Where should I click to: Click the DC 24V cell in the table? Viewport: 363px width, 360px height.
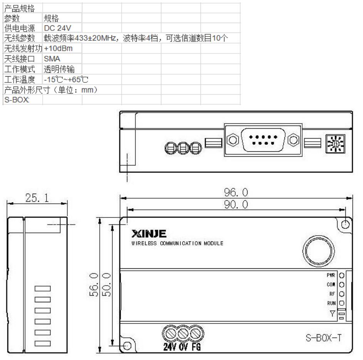click(62, 28)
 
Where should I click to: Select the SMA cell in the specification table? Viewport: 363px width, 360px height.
click(62, 59)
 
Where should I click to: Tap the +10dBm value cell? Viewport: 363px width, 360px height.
click(62, 49)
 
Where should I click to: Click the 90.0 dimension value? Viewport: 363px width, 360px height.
click(236, 204)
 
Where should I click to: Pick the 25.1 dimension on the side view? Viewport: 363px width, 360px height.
click(37, 198)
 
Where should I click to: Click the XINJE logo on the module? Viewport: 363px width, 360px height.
click(149, 234)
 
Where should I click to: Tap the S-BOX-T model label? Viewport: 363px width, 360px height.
click(323, 338)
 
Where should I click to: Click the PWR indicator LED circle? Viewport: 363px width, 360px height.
click(341, 276)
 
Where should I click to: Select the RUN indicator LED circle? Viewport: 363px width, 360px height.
click(341, 303)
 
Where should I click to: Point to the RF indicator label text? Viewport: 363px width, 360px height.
click(332, 294)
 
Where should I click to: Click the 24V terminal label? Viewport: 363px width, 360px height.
click(170, 347)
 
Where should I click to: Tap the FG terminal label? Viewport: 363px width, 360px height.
click(196, 347)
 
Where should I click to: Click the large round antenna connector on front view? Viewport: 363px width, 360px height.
click(319, 251)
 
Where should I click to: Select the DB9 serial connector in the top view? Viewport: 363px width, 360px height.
click(263, 140)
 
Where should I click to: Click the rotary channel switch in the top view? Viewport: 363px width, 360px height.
click(335, 144)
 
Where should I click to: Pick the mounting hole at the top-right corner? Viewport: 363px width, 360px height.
click(345, 224)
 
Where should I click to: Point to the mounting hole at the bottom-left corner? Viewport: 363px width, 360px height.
click(127, 346)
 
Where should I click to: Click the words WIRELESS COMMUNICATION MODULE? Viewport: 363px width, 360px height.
click(177, 243)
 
